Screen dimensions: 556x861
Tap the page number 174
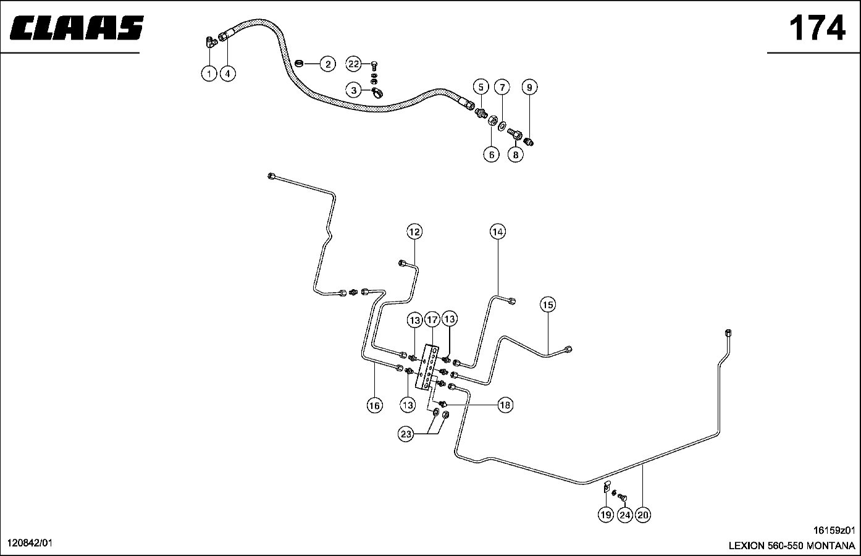click(x=817, y=28)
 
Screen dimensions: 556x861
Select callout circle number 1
click(x=209, y=74)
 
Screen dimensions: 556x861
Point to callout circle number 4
click(x=227, y=74)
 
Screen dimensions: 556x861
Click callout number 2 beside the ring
click(x=327, y=64)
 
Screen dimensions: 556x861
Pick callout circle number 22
click(x=353, y=64)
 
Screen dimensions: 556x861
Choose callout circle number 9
click(x=529, y=87)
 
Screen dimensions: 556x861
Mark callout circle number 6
click(x=491, y=154)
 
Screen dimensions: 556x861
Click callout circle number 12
click(x=414, y=232)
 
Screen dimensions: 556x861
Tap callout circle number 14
click(x=498, y=232)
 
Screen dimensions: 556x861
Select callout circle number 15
click(x=548, y=305)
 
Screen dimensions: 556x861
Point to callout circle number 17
click(x=432, y=320)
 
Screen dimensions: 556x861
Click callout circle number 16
click(x=374, y=405)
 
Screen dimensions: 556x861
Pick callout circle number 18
click(x=505, y=405)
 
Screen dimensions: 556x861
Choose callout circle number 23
click(x=406, y=434)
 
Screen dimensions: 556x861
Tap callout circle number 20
click(x=643, y=515)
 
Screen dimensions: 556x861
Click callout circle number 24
click(x=624, y=515)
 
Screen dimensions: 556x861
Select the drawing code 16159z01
click(x=834, y=530)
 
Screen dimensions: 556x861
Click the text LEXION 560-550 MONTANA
click(x=792, y=546)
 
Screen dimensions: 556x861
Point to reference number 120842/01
click(x=30, y=542)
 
